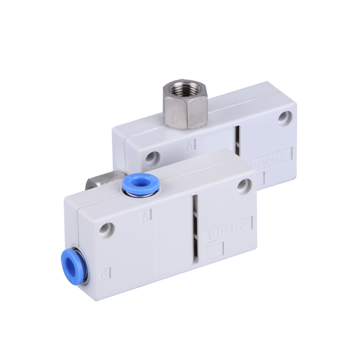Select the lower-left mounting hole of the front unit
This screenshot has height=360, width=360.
(x=106, y=228)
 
